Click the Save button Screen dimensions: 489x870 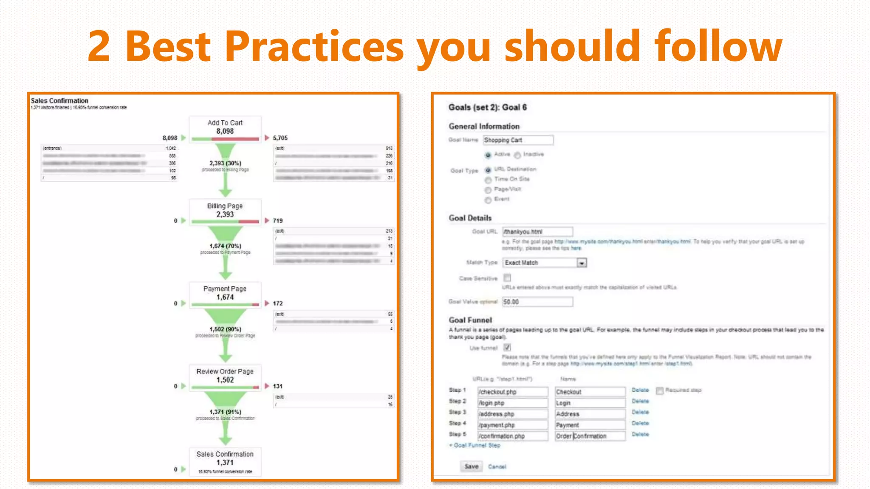(471, 467)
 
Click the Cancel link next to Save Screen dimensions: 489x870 (497, 467)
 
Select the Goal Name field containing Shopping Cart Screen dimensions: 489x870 (518, 140)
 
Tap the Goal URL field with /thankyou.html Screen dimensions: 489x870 (537, 232)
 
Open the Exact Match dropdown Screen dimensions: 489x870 (581, 263)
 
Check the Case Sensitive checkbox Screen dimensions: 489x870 (507, 278)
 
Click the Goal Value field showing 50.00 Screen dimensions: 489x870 (537, 302)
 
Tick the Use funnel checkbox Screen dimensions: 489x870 (507, 348)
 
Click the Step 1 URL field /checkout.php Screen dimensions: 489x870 (512, 392)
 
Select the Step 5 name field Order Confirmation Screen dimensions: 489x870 (590, 436)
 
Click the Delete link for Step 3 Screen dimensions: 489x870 (640, 412)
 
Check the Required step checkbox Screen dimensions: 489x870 (660, 391)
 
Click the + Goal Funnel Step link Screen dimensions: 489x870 (475, 445)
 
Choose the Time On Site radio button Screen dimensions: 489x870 (488, 180)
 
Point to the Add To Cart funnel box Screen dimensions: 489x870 (225, 129)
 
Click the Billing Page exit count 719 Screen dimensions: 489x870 (277, 221)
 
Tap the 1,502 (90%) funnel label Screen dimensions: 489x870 (225, 329)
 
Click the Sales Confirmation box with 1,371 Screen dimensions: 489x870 (225, 461)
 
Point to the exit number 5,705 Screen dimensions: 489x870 (280, 138)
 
